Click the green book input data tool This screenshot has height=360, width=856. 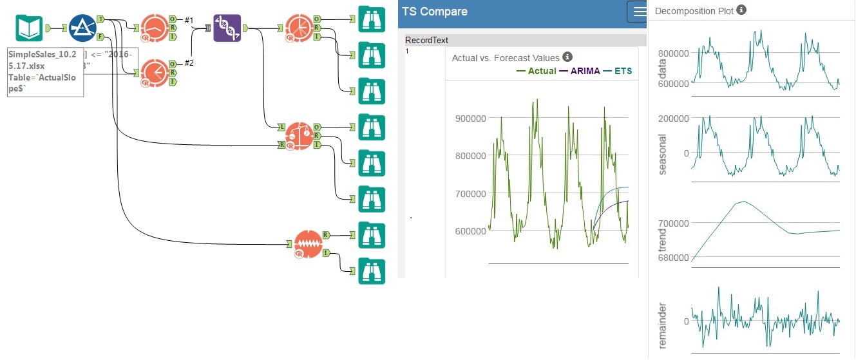click(29, 28)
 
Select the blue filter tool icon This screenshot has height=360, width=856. click(82, 28)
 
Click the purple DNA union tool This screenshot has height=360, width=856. click(227, 28)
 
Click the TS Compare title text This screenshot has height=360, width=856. click(434, 12)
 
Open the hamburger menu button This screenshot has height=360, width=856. click(639, 12)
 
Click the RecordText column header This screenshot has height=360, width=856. click(426, 41)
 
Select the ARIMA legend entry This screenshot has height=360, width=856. click(585, 71)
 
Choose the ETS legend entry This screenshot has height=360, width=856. click(623, 71)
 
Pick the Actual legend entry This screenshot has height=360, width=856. click(542, 71)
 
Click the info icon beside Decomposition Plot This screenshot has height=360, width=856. click(741, 10)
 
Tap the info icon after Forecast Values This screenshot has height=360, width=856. click(567, 57)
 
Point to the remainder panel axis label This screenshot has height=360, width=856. click(663, 325)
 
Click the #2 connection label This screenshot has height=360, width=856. click(189, 62)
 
